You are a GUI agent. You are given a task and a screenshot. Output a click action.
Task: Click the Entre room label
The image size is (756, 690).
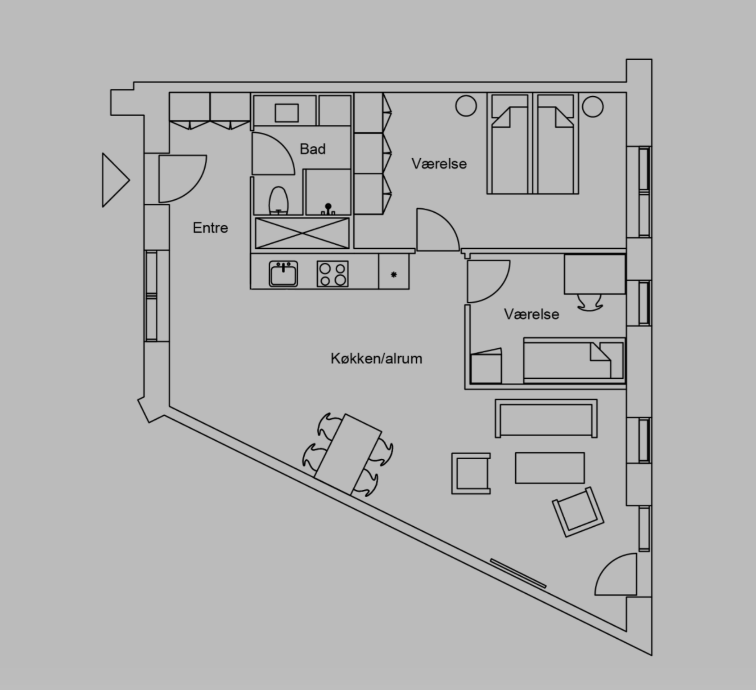(210, 228)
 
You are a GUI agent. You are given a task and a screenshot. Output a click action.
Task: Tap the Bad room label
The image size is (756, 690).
(312, 149)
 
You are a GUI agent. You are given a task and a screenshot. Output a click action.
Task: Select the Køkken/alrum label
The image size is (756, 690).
(376, 358)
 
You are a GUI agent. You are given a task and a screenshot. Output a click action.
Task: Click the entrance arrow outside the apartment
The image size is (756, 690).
(114, 180)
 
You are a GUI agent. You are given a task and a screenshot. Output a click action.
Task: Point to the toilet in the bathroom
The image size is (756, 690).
(279, 201)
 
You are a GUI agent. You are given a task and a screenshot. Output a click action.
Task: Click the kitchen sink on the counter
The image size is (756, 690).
(283, 274)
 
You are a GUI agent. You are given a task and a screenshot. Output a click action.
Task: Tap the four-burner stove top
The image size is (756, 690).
(333, 274)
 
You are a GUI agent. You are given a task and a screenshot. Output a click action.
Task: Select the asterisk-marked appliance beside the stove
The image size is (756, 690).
(394, 274)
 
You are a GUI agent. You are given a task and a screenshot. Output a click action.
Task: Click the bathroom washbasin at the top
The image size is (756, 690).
(287, 113)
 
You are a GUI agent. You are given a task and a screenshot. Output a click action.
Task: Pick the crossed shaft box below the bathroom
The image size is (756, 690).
(302, 233)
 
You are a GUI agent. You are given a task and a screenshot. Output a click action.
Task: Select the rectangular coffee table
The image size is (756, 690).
(549, 468)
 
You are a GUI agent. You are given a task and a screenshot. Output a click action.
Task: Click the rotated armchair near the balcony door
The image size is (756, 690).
(578, 512)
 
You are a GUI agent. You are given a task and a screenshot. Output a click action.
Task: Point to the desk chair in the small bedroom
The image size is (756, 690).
(589, 303)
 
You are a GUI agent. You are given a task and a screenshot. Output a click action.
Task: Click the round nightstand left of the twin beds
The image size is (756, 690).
(466, 106)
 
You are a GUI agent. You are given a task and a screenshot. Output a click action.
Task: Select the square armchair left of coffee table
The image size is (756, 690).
(471, 474)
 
